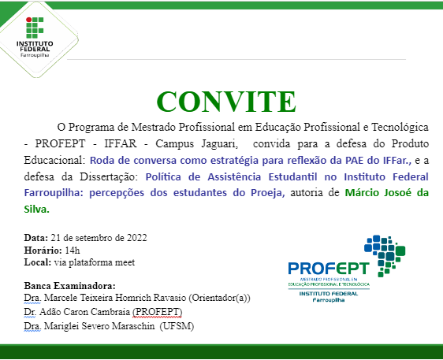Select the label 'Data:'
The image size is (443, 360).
[x=36, y=238]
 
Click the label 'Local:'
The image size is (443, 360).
[x=39, y=262]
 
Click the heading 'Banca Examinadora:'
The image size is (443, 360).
[x=70, y=285]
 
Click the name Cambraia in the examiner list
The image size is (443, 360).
[x=122, y=312]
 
